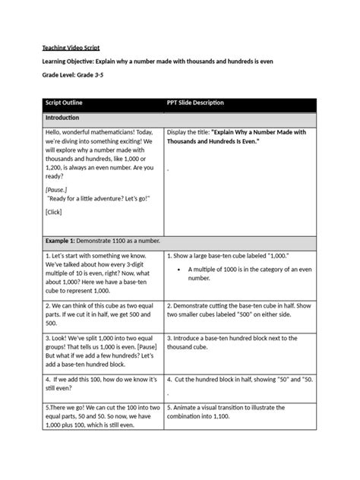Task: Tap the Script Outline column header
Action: [65, 103]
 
